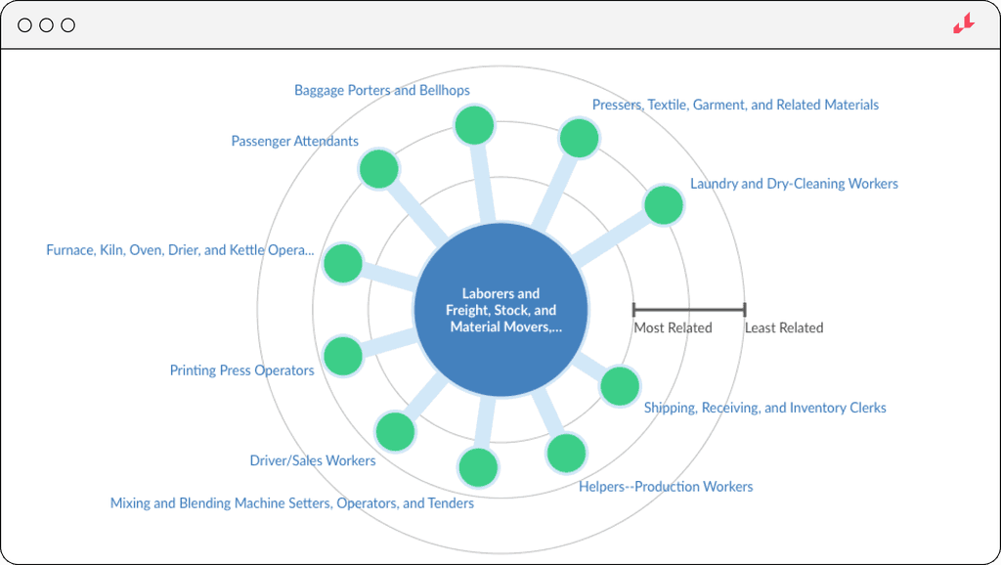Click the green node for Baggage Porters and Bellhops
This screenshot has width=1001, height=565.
point(475,125)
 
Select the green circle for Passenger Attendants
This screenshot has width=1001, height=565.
point(378,169)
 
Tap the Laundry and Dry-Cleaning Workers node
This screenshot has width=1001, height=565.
point(664,205)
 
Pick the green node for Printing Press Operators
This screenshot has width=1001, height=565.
point(343,357)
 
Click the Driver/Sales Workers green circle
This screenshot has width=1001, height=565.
point(395,431)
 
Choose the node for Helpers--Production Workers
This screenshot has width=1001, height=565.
point(566,454)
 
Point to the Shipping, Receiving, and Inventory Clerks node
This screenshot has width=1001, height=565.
point(620,386)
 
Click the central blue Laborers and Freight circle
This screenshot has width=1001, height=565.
point(500,310)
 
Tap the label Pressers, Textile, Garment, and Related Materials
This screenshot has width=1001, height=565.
point(735,105)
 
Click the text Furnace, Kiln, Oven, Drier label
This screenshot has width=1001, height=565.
point(180,250)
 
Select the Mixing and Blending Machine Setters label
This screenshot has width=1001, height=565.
point(291,503)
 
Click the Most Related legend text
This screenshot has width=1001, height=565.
point(673,328)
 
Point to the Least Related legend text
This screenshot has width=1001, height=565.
point(784,328)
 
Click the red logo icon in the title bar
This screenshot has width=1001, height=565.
point(964,24)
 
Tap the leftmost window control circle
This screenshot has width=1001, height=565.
point(25,25)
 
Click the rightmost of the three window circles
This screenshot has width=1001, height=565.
point(68,25)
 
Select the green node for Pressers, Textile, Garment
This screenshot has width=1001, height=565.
point(579,138)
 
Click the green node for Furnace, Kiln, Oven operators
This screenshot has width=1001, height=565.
point(343,263)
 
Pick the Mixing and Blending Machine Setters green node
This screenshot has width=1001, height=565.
point(478,467)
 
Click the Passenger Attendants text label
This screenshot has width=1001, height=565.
point(294,141)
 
